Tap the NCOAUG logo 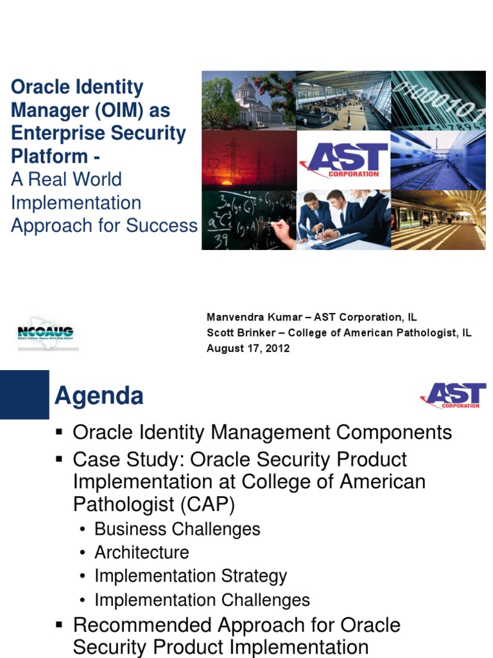click(x=46, y=332)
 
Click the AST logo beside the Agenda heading click(x=453, y=395)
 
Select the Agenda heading click(x=99, y=396)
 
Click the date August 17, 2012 click(x=248, y=348)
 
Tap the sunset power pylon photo click(x=248, y=160)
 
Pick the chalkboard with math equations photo click(x=248, y=220)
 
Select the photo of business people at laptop click(x=343, y=220)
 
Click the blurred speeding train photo click(x=438, y=160)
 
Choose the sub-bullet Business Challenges click(x=177, y=529)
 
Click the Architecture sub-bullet click(x=142, y=553)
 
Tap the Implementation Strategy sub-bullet click(x=191, y=576)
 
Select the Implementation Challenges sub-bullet click(x=202, y=600)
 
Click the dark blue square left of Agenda click(x=24, y=395)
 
